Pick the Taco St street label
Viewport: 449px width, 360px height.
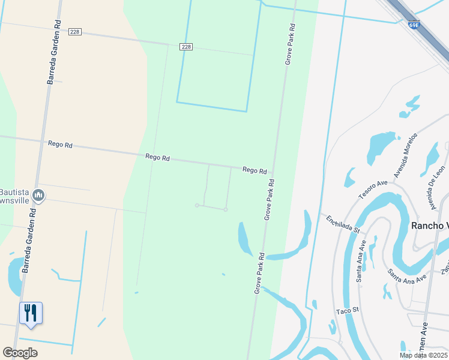pos(347,310)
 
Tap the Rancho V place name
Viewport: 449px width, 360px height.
pos(429,226)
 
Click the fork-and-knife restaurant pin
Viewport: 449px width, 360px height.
pos(31,313)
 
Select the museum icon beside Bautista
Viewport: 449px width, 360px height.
pos(39,195)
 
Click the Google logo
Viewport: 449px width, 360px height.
pos(20,353)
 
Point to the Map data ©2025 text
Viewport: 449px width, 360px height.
pos(424,355)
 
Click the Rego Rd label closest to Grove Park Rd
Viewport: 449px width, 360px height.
pos(255,170)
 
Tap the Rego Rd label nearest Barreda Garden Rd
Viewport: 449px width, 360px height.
pos(60,145)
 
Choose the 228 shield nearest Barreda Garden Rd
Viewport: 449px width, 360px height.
pos(74,32)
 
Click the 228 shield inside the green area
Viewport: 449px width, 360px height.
pos(186,47)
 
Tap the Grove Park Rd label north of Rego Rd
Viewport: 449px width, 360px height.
pos(290,44)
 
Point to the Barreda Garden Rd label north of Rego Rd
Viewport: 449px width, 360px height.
pos(54,52)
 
